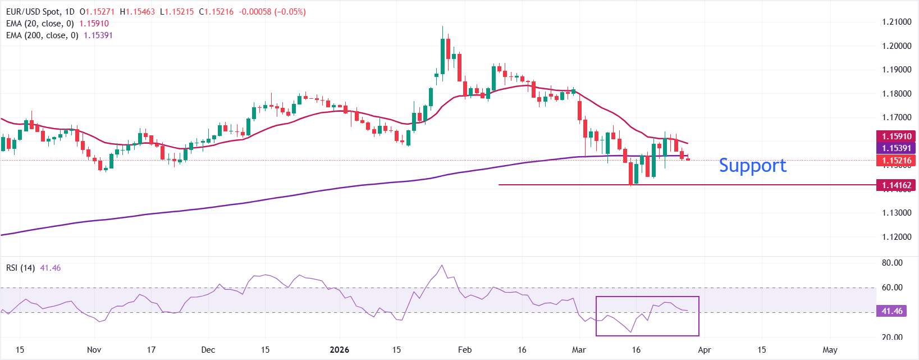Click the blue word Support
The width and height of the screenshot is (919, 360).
point(752,166)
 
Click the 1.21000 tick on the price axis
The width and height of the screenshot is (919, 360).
point(897,22)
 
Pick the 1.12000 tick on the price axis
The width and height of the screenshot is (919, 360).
point(897,237)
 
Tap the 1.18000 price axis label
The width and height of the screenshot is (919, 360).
point(897,94)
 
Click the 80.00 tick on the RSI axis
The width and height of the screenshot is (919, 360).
point(892,263)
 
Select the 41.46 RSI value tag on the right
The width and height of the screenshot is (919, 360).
point(891,311)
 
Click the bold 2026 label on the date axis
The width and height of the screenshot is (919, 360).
point(339,350)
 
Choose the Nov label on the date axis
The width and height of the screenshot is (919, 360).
point(94,350)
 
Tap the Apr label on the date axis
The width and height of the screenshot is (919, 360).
point(705,350)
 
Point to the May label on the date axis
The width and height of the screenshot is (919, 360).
point(830,350)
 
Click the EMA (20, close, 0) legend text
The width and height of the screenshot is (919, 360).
point(40,24)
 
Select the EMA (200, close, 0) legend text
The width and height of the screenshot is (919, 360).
point(42,35)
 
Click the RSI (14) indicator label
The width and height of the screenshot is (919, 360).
point(20,268)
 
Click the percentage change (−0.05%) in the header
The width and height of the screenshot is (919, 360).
point(290,12)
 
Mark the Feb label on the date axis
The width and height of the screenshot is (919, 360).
point(465,350)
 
